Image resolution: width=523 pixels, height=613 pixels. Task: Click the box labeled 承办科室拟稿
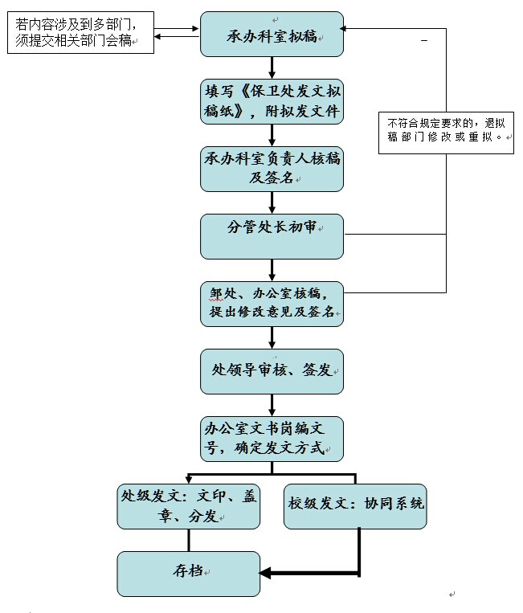pos(272,35)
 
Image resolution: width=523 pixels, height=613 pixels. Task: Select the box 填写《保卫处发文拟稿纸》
pos(272,101)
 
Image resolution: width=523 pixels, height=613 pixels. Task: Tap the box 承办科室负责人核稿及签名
pos(272,169)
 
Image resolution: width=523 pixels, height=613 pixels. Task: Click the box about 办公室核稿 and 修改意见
pos(272,304)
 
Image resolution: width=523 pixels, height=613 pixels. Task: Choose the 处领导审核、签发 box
pos(272,371)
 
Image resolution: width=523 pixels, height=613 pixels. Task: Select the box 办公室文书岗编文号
pos(272,439)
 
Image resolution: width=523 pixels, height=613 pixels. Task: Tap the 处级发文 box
pos(189,506)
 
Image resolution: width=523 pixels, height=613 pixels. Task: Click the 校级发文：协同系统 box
pos(355,506)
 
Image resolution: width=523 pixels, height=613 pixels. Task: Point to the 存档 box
pos(189,573)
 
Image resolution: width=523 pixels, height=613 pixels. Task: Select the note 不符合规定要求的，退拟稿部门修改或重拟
pos(445,131)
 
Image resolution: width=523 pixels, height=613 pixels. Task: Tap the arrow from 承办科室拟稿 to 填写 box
pos(272,67)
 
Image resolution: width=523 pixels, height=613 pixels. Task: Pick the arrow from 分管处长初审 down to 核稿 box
pos(272,270)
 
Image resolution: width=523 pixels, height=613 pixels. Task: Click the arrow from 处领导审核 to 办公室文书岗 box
pos(272,405)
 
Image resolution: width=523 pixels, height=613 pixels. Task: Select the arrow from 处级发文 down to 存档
pos(189,541)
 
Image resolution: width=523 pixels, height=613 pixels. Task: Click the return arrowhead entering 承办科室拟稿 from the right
pos(351,29)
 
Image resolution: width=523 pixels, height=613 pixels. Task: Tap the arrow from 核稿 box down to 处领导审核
pos(272,337)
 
